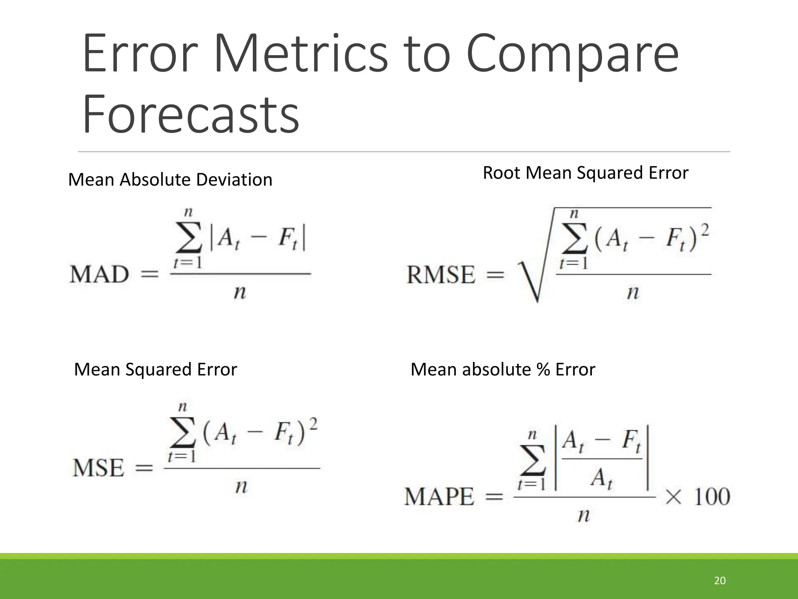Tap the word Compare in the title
(x=573, y=55)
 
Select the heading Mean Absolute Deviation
(x=170, y=180)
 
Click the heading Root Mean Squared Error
(x=585, y=173)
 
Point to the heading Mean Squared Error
(x=155, y=369)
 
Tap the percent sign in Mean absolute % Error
(x=543, y=370)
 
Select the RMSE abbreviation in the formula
(x=441, y=275)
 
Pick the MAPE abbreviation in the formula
(x=439, y=496)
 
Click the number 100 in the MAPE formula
(x=712, y=496)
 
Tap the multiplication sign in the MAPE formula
(x=673, y=497)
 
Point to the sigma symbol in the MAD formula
(x=189, y=237)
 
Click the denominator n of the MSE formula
(x=241, y=486)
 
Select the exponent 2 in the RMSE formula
(x=705, y=229)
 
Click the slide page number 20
(x=720, y=581)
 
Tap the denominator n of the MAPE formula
(x=583, y=516)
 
